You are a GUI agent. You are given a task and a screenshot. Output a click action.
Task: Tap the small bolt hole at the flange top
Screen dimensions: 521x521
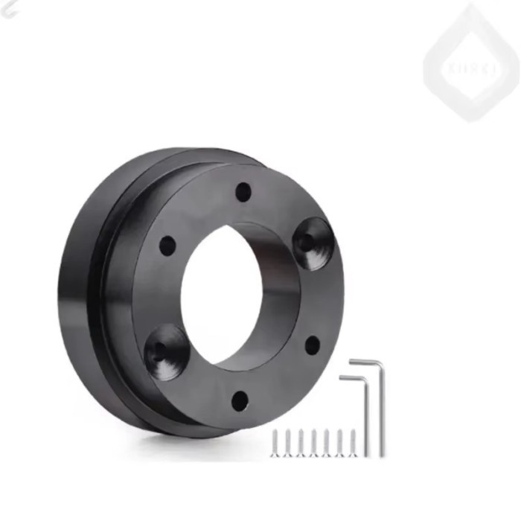tap(243, 192)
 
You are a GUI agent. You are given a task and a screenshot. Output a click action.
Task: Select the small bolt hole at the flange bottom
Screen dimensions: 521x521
tap(239, 401)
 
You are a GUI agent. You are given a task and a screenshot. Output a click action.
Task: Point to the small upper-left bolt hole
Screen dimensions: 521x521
tap(167, 245)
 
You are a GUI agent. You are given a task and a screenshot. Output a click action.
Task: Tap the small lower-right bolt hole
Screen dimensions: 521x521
tap(313, 345)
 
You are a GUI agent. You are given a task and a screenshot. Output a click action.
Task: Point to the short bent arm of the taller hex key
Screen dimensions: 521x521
tap(365, 362)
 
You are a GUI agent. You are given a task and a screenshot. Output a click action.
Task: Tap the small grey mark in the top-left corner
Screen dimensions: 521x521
tap(7, 9)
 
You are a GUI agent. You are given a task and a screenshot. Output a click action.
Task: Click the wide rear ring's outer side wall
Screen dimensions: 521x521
tap(78, 298)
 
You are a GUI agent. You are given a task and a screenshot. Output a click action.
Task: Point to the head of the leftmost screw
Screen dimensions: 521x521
tap(275, 432)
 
